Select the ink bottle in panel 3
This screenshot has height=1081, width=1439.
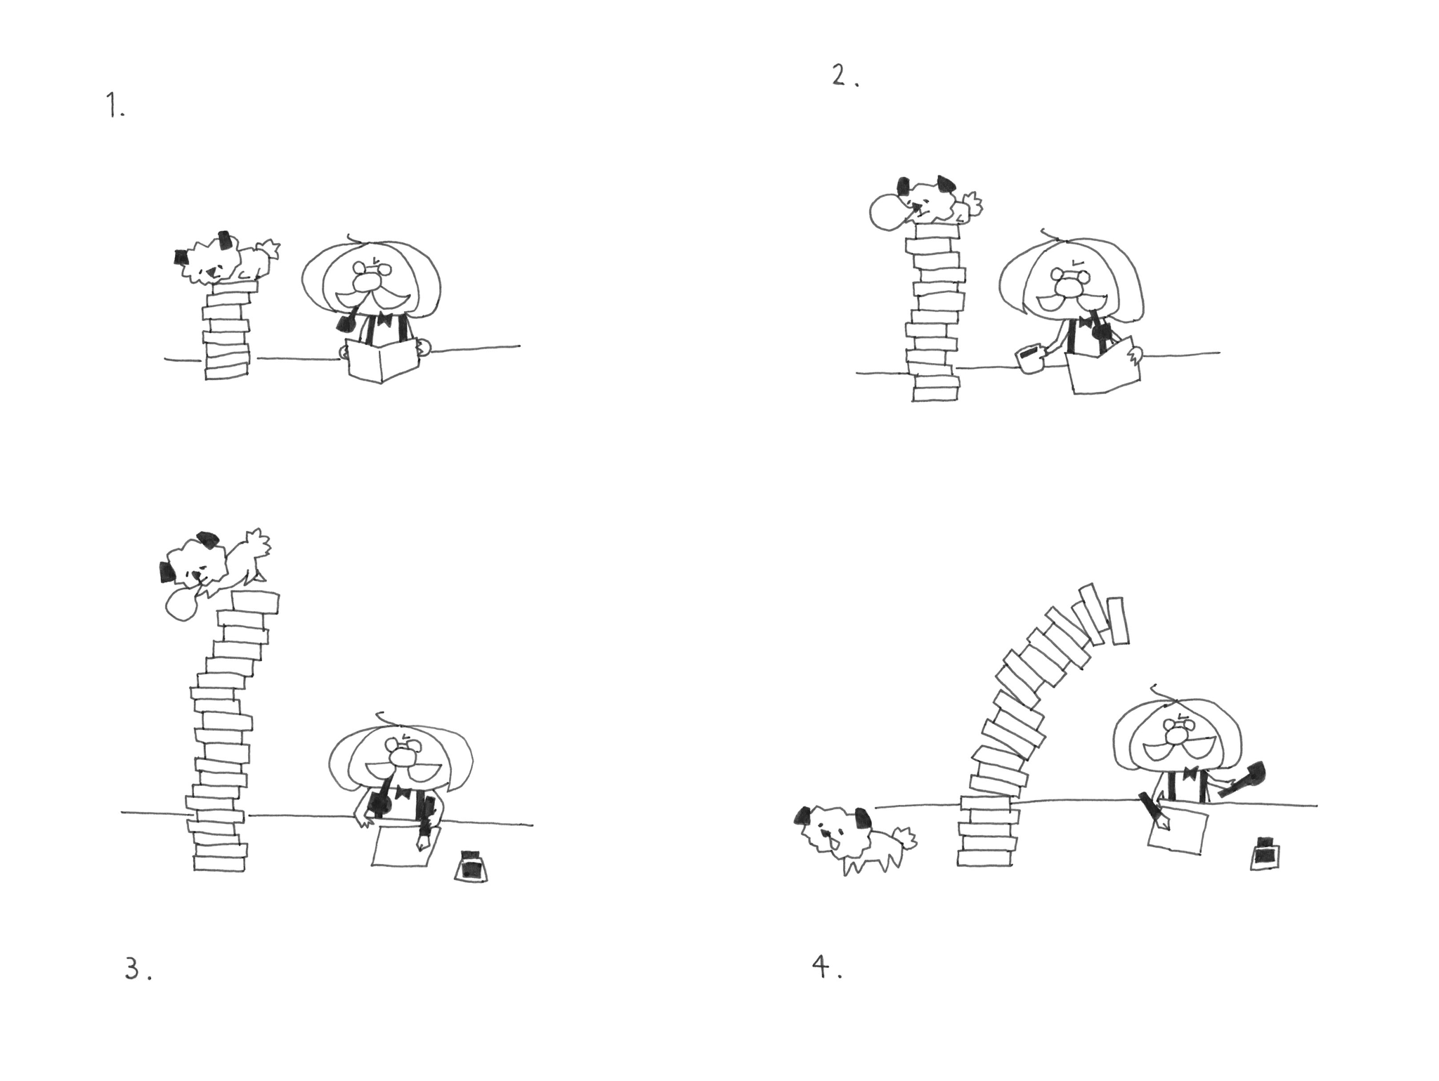point(471,865)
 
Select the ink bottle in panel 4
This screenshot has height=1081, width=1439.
point(1265,853)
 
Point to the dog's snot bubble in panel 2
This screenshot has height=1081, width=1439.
point(889,211)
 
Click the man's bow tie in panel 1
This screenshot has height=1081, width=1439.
point(384,320)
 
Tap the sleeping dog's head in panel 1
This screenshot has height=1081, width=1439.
point(203,259)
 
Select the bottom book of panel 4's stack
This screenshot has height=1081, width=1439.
point(985,858)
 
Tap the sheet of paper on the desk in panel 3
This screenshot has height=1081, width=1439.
point(405,846)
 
